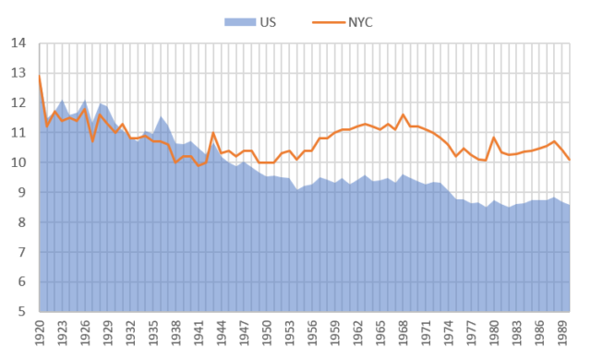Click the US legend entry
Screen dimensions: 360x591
tap(251, 21)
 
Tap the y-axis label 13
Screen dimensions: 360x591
tap(18, 73)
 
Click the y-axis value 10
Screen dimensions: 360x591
tap(18, 162)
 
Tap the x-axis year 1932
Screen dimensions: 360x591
tap(130, 330)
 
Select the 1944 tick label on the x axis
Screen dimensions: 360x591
tap(221, 330)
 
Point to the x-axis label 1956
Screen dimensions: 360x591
tap(311, 330)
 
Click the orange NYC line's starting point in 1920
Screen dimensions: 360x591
tap(40, 79)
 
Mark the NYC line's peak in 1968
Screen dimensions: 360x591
tap(403, 115)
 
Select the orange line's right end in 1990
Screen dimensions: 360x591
tap(569, 160)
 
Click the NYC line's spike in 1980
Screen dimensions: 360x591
tap(493, 138)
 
